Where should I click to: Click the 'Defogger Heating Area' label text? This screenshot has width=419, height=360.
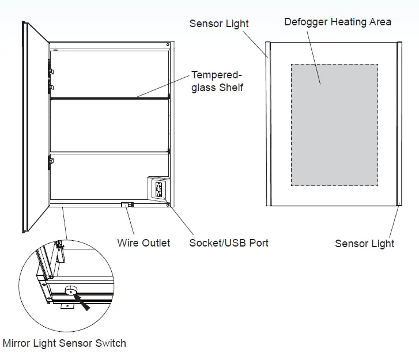pyautogui.click(x=337, y=22)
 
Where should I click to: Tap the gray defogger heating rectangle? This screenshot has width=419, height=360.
pyautogui.click(x=334, y=124)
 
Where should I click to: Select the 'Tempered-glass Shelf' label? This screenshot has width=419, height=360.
pyautogui.click(x=217, y=81)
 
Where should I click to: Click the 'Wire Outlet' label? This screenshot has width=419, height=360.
pyautogui.click(x=144, y=242)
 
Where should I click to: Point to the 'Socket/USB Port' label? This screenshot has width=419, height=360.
pyautogui.click(x=229, y=242)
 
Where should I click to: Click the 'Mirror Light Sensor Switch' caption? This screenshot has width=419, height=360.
pyautogui.click(x=64, y=343)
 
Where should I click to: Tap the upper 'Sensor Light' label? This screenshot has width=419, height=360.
pyautogui.click(x=219, y=24)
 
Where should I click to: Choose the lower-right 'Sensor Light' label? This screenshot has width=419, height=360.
pyautogui.click(x=364, y=243)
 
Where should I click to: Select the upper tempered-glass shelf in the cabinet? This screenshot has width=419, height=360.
pyautogui.click(x=110, y=98)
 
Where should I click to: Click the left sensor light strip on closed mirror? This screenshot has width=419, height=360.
pyautogui.click(x=269, y=124)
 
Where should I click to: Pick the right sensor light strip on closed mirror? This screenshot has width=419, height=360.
pyautogui.click(x=397, y=124)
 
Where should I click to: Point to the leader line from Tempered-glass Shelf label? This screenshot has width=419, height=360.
pyautogui.click(x=164, y=88)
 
